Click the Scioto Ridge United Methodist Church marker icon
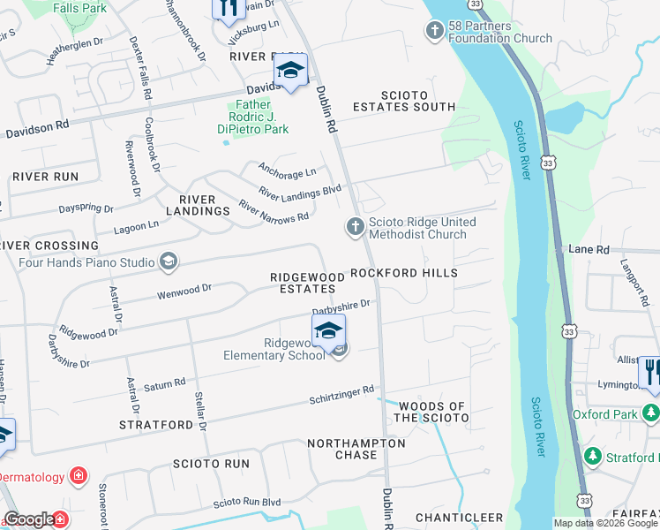coord(355,228)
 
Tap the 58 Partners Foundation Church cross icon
coord(433,32)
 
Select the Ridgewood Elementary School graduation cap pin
coord(326,332)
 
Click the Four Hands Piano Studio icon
coord(168,261)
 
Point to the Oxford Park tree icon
coord(650,412)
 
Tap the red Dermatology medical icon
coord(79,477)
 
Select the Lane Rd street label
coord(589,250)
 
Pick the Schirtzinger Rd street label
coord(341,394)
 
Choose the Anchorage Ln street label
coord(286,170)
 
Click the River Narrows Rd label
coord(274,210)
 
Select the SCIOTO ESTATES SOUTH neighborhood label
coord(404,101)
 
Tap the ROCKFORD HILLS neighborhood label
coord(404,273)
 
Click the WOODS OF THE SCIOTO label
coord(432,411)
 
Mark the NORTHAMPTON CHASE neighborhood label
coord(356,449)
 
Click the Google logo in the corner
coord(29,519)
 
